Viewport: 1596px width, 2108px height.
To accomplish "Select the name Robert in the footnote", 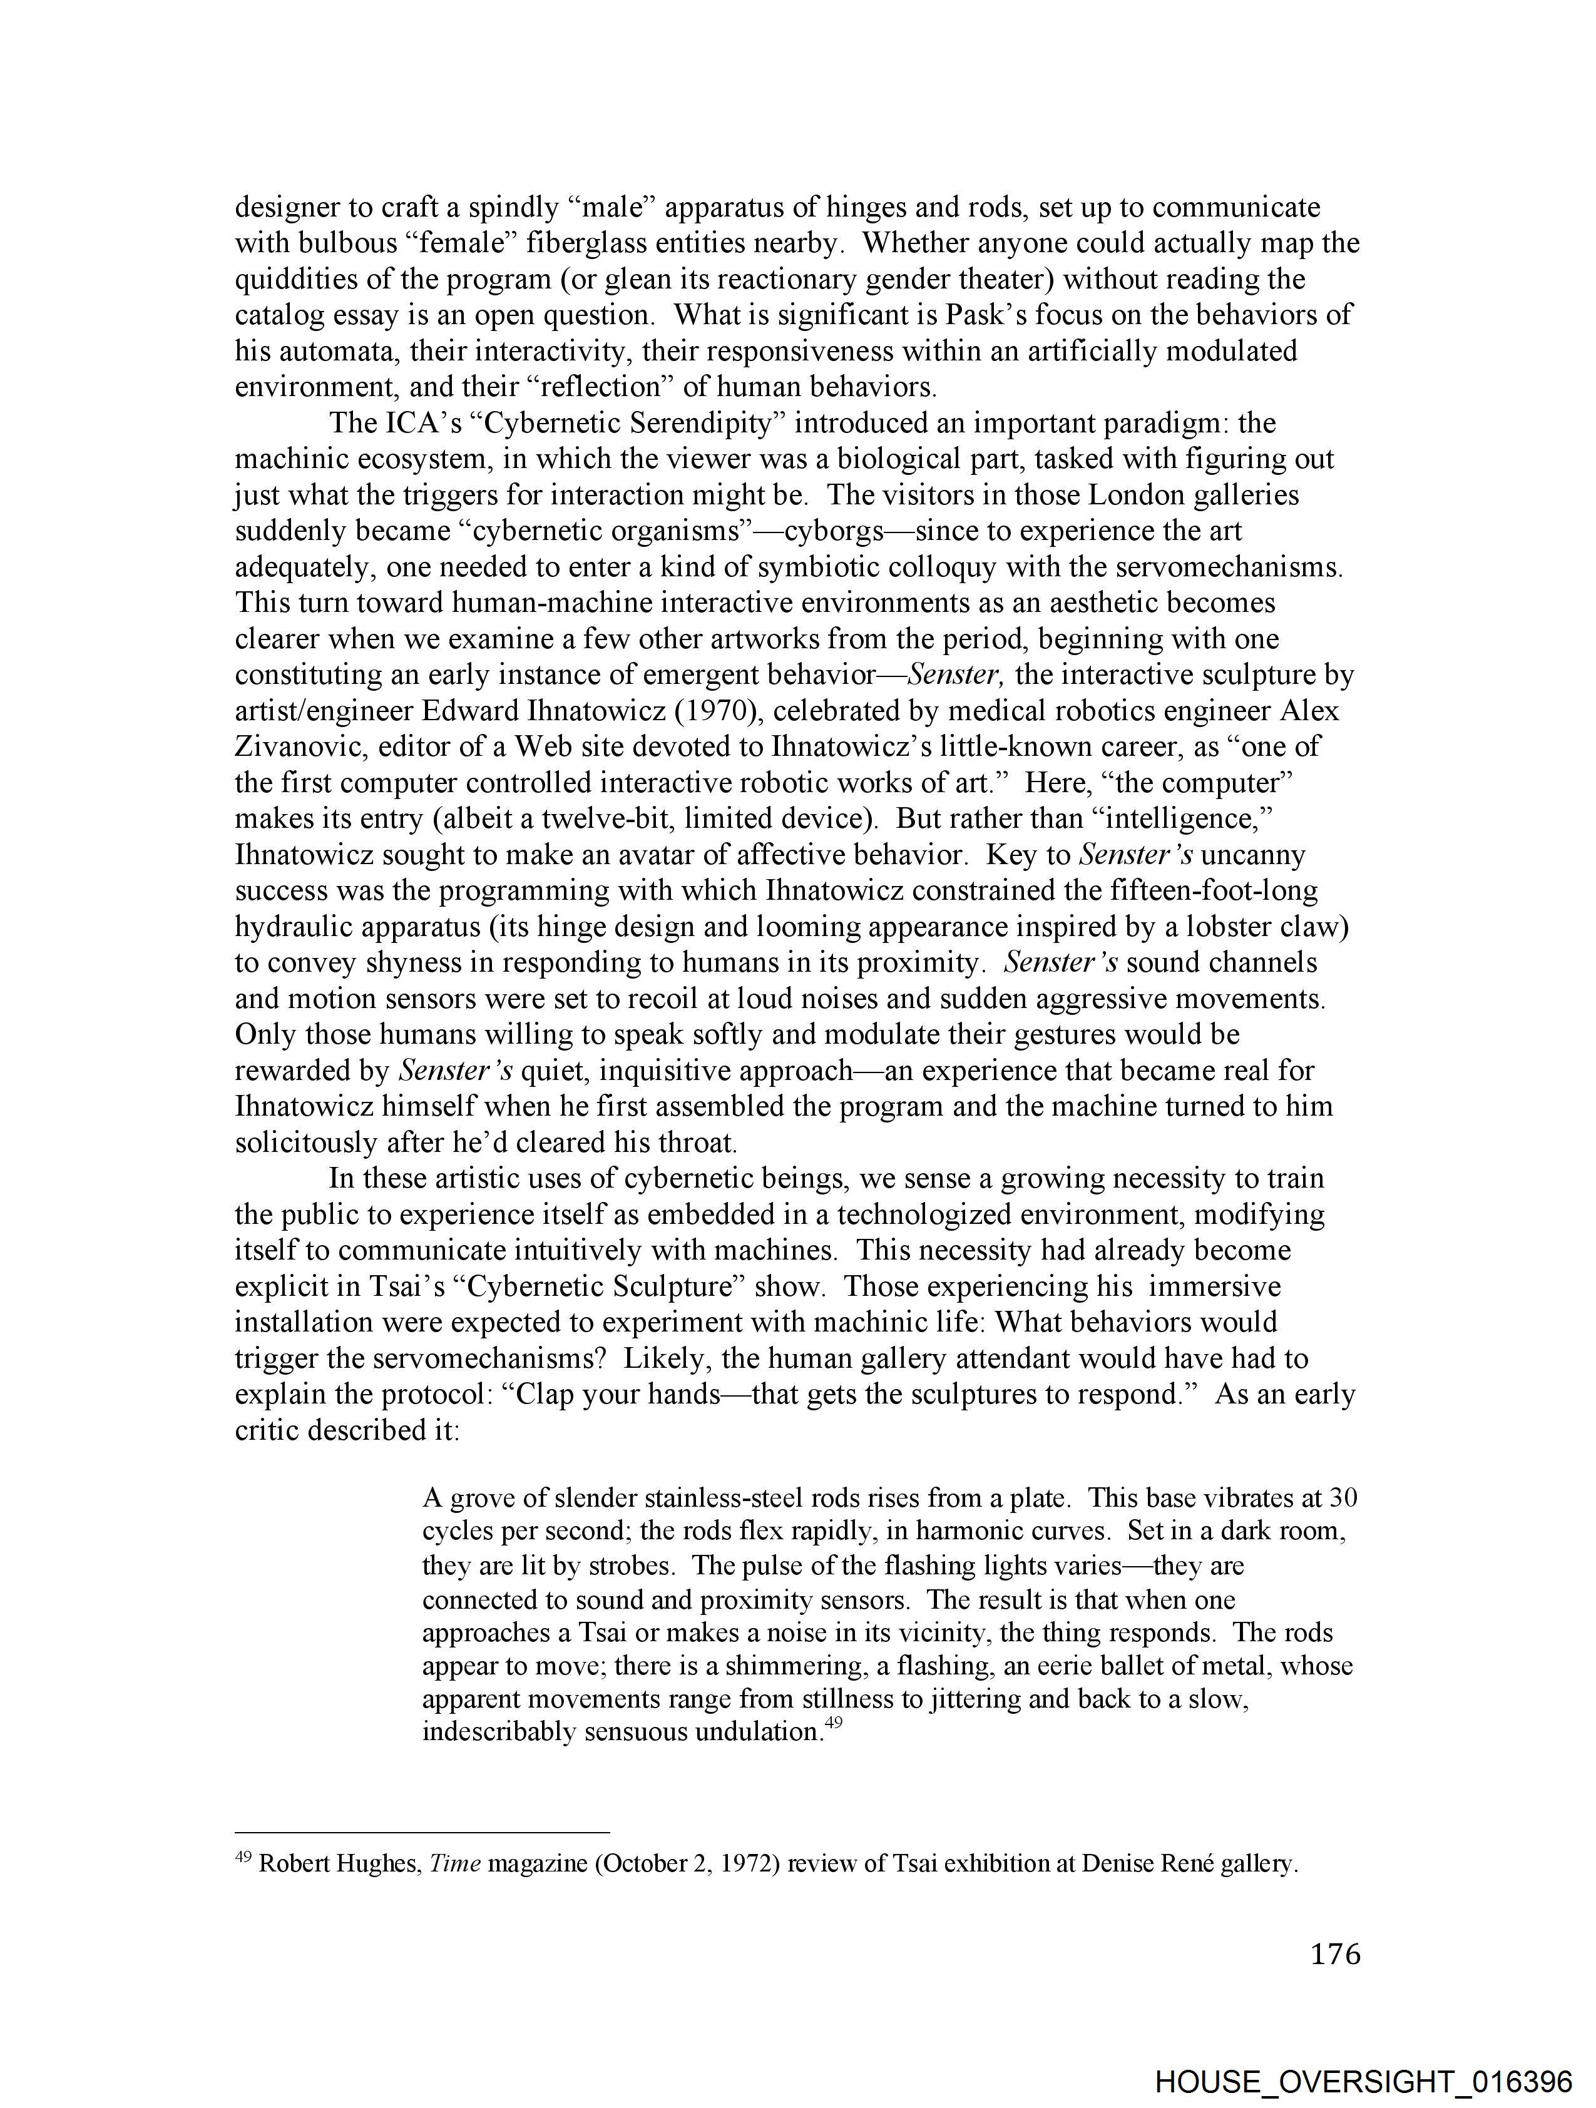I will tap(292, 1864).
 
